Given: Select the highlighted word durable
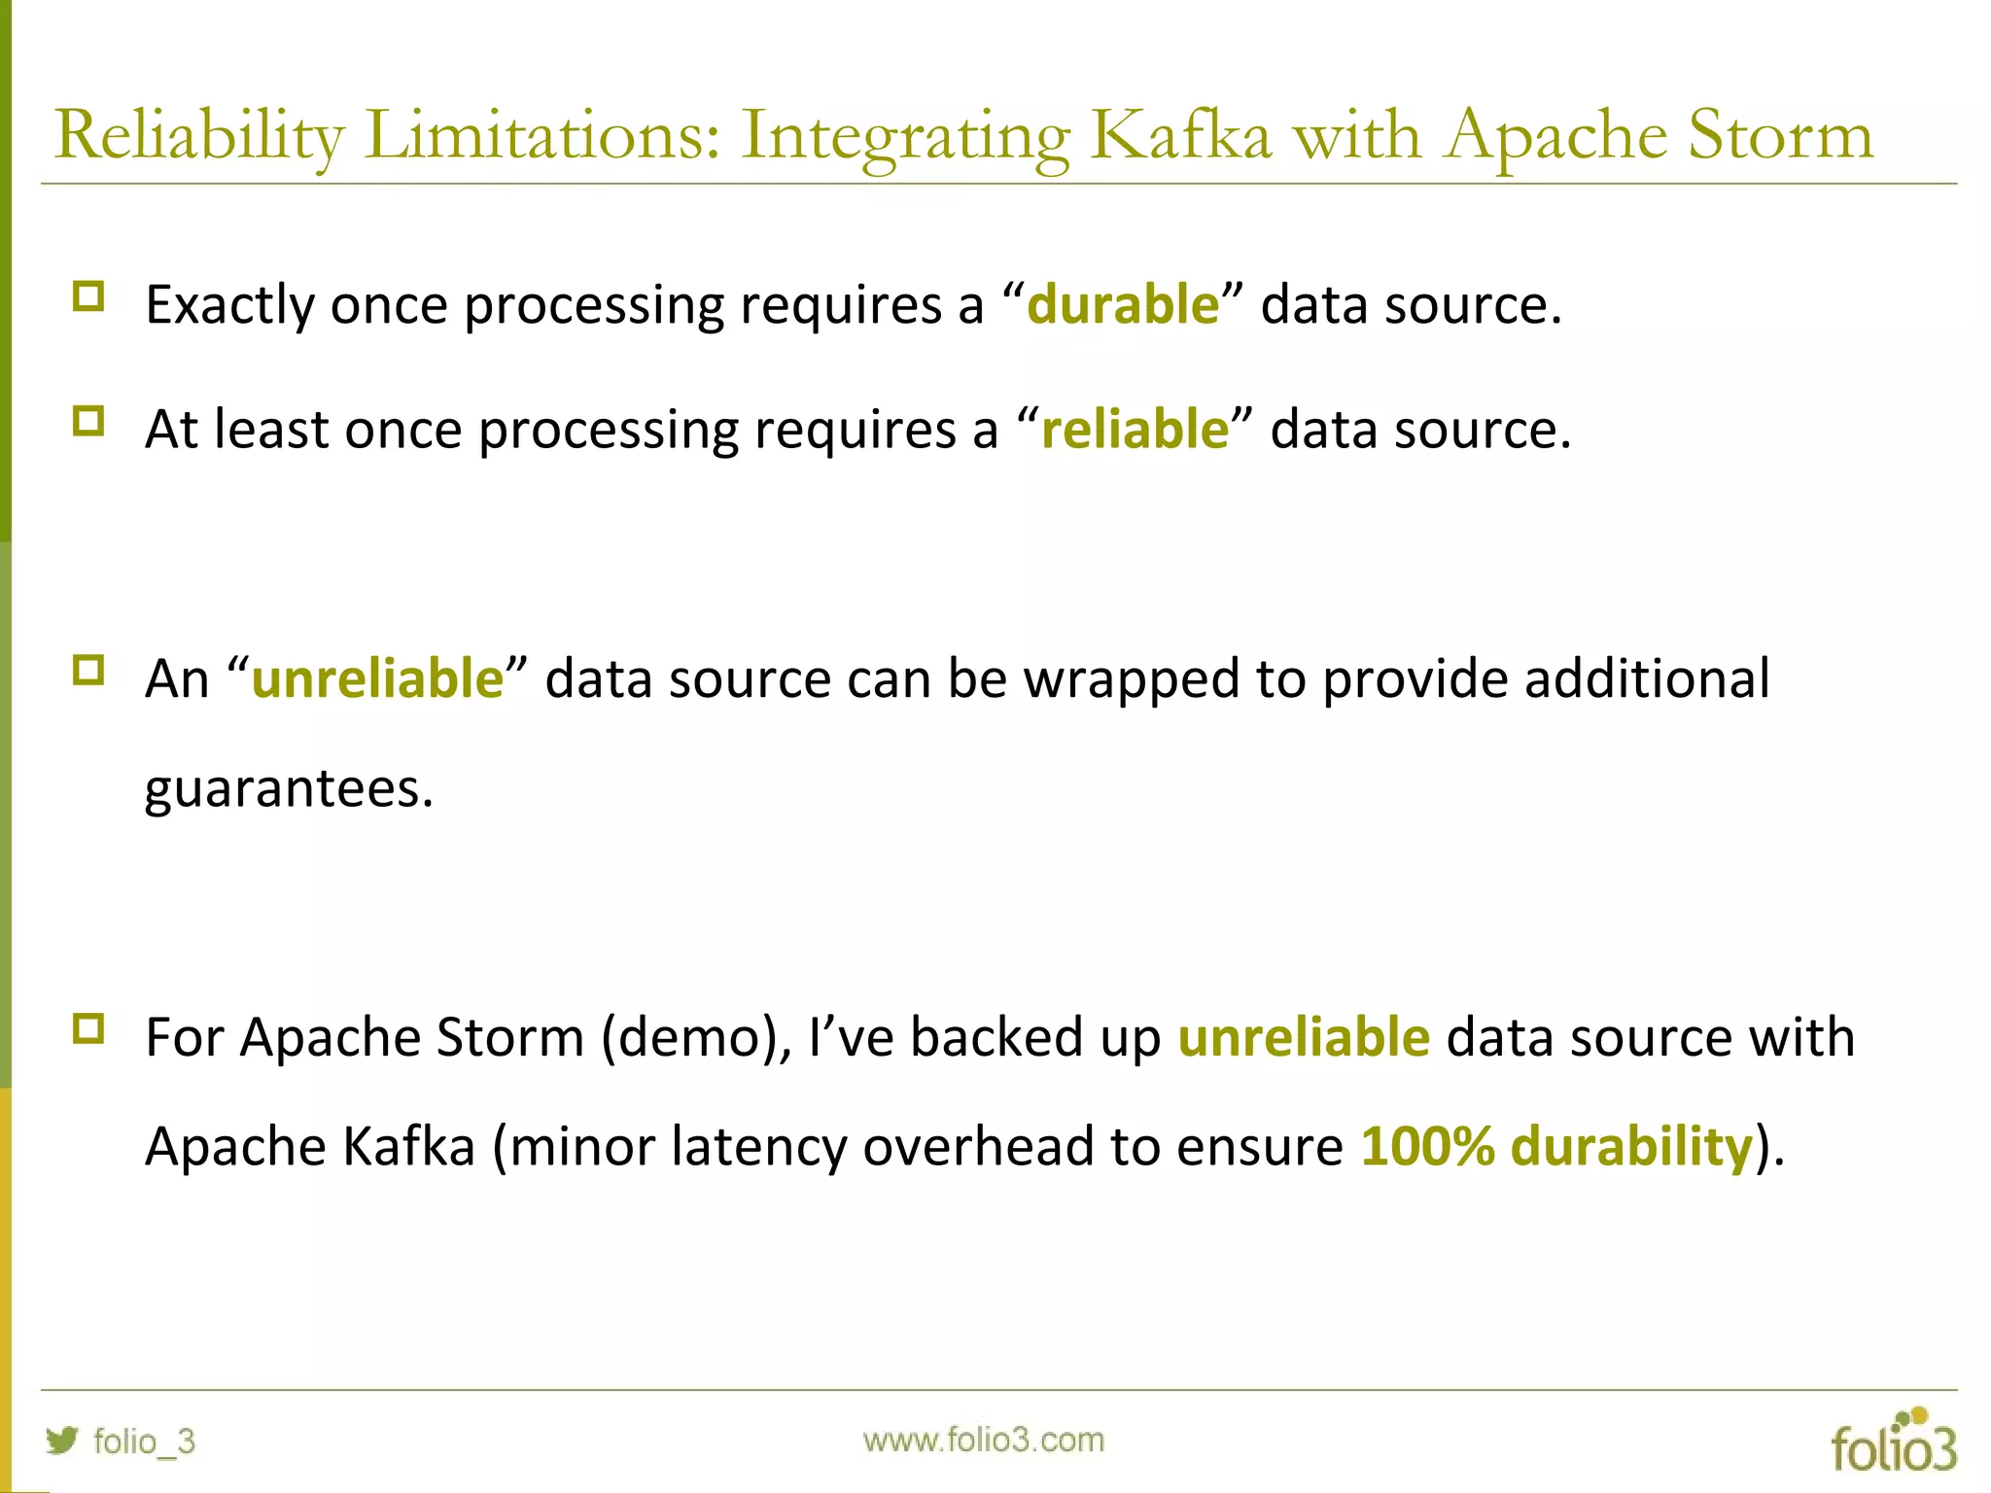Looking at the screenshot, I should (1123, 304).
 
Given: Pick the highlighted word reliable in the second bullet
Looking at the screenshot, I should (1135, 429).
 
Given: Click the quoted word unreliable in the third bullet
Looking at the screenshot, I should (377, 677).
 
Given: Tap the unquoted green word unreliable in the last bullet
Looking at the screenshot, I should (1304, 1036).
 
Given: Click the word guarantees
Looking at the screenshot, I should (288, 787).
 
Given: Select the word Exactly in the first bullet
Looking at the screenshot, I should (229, 304).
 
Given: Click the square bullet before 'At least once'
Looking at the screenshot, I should (88, 422).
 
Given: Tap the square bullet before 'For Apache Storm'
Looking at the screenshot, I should (88, 1028).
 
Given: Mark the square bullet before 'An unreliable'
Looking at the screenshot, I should (88, 671).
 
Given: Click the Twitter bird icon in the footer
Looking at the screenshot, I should (62, 1440).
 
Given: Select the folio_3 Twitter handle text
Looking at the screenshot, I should (144, 1441).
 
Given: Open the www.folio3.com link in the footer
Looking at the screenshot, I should (983, 1440).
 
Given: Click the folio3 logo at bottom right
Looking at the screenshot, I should (1893, 1442).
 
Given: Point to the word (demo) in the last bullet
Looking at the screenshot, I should (696, 1036).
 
